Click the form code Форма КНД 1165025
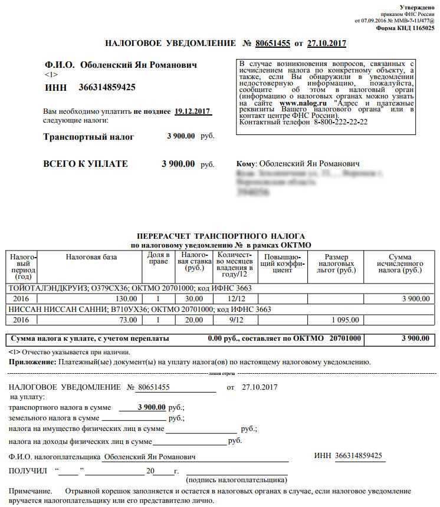(x=405, y=28)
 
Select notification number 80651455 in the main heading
(x=272, y=44)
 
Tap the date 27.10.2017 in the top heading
(x=327, y=44)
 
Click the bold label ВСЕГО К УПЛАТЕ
(x=86, y=164)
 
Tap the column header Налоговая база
(x=91, y=257)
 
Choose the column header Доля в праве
(x=157, y=259)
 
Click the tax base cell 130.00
(x=126, y=299)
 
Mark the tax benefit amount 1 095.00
(x=342, y=320)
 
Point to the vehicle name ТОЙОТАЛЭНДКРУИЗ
(x=42, y=288)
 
